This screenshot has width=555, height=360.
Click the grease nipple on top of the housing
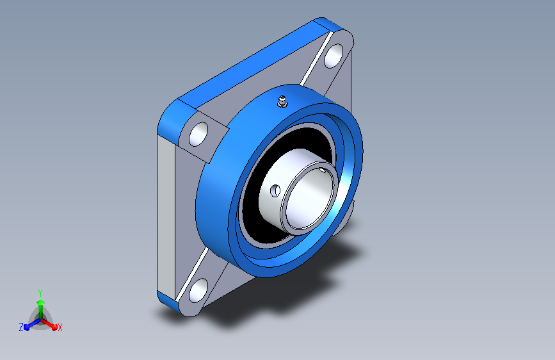(x=282, y=101)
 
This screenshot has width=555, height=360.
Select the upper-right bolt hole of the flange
(x=334, y=56)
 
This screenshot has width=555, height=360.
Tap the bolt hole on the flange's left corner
(x=198, y=134)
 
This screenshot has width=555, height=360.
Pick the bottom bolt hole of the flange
(x=198, y=290)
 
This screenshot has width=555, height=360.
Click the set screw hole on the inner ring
(x=275, y=191)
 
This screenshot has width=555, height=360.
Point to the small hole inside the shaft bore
(x=323, y=170)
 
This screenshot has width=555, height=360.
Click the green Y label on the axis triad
(x=40, y=293)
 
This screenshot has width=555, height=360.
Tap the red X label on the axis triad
(x=60, y=328)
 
